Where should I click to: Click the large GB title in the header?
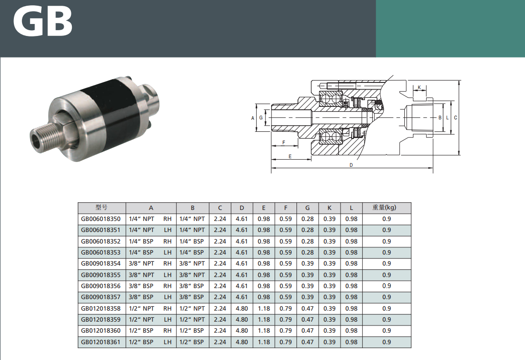click(x=43, y=22)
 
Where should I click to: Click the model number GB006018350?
click(x=101, y=219)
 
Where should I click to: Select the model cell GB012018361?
click(x=101, y=342)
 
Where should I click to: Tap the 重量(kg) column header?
click(x=384, y=208)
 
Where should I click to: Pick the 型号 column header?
click(x=102, y=208)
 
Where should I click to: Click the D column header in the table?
click(x=242, y=208)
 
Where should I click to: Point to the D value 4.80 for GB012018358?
click(x=242, y=308)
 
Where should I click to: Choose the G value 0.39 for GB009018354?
click(x=308, y=264)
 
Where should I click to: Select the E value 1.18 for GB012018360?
click(x=264, y=330)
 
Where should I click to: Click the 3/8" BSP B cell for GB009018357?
click(x=192, y=297)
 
